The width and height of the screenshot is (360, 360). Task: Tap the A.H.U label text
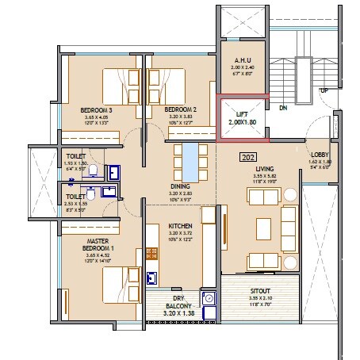tap(242, 60)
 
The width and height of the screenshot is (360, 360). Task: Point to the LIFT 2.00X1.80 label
tap(243, 119)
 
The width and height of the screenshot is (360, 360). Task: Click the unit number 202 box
tap(247, 158)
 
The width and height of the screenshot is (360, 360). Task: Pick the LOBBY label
tap(320, 155)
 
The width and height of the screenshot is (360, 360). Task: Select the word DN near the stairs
tap(282, 108)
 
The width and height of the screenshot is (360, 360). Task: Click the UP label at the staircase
tap(324, 90)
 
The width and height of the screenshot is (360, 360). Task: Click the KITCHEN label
tap(181, 226)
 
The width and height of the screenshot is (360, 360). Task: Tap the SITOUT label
tap(262, 291)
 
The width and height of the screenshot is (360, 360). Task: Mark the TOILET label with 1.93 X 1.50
tap(76, 157)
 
